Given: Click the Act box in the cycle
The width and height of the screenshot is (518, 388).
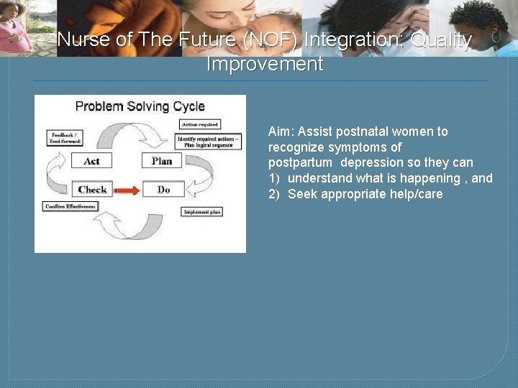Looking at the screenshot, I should click(92, 161).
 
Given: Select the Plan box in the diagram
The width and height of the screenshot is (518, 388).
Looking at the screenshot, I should click(161, 161).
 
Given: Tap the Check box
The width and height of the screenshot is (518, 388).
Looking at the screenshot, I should click(92, 190).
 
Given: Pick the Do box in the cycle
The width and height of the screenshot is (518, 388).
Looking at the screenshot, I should click(163, 190).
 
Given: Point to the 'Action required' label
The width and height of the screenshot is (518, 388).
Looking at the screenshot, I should click(199, 124).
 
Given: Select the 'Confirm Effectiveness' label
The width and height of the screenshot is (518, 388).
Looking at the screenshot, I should click(71, 206).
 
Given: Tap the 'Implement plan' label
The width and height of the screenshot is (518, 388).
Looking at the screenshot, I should click(202, 212).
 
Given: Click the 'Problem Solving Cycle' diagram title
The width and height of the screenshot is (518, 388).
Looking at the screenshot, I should click(140, 106).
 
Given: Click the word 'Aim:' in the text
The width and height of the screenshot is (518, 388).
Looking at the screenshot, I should click(281, 131).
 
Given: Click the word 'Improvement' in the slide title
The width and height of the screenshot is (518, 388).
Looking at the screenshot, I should click(265, 64).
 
